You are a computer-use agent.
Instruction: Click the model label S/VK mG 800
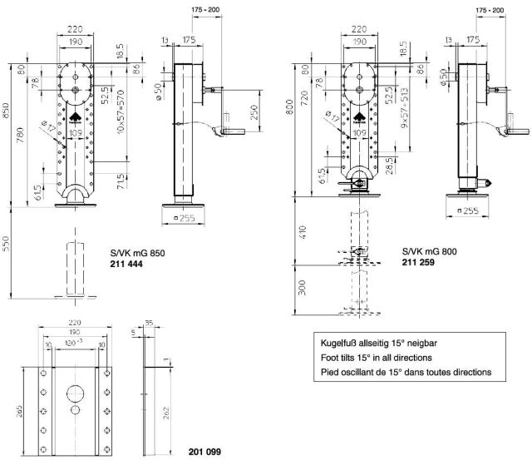pyautogui.click(x=428, y=250)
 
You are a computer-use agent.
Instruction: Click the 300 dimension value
pyautogui.click(x=303, y=288)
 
